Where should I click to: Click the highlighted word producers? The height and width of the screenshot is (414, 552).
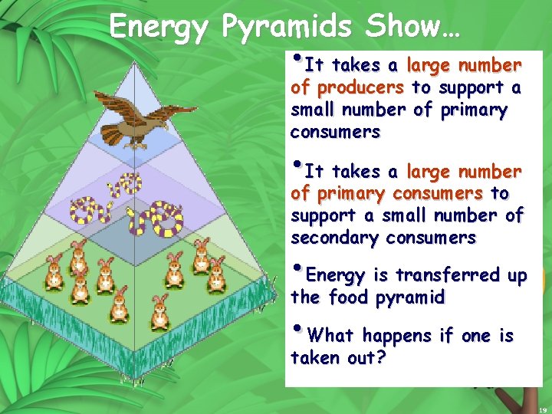click(360, 87)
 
